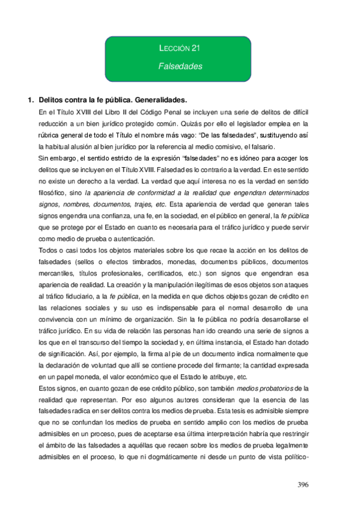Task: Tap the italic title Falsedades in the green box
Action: point(180,66)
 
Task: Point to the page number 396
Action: point(307,485)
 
